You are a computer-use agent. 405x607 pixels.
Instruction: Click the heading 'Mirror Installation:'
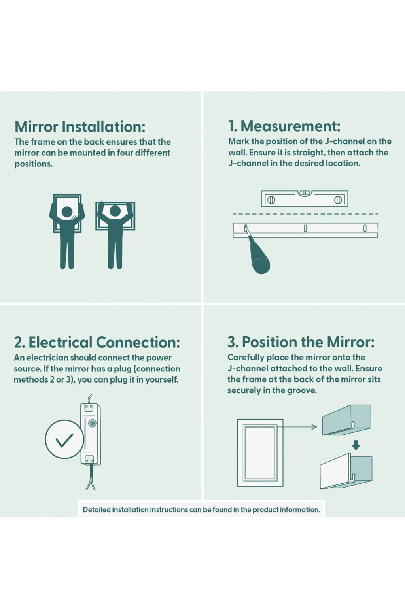click(80, 126)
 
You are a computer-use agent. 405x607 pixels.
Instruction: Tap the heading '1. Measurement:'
click(284, 126)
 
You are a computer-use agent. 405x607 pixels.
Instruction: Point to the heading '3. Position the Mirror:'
click(301, 342)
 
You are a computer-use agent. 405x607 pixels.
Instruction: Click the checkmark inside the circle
click(64, 440)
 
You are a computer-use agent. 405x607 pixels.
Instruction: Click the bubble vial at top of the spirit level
click(305, 193)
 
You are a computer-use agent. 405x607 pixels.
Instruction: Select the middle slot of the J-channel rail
click(305, 228)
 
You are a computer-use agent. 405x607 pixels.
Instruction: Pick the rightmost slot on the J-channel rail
click(365, 228)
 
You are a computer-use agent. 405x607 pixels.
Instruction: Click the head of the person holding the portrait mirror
click(67, 212)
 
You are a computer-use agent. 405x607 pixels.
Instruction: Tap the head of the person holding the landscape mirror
click(115, 211)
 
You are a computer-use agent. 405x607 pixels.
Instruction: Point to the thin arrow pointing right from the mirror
click(297, 427)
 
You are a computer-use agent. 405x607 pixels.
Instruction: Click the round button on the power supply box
click(92, 423)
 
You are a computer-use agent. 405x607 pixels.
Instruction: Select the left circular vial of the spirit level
click(271, 200)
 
